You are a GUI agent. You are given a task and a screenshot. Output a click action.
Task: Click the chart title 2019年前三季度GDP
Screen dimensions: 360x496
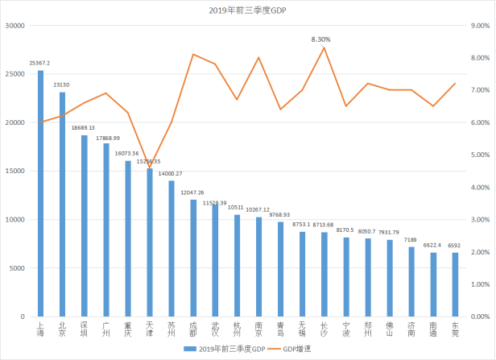(x=247, y=10)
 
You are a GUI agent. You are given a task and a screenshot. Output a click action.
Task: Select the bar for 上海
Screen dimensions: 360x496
(x=40, y=193)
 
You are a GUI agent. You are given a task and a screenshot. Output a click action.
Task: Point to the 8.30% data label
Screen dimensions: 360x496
(x=321, y=38)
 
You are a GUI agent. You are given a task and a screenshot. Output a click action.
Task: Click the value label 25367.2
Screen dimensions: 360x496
(x=39, y=63)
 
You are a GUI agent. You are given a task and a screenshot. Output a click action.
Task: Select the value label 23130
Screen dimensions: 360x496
(x=62, y=84)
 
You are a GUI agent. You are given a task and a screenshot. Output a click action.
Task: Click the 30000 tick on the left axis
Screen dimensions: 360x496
(x=15, y=26)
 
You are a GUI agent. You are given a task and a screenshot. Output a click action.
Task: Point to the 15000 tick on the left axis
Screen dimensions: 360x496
(x=15, y=172)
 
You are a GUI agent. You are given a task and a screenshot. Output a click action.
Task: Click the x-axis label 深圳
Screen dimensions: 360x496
(x=84, y=330)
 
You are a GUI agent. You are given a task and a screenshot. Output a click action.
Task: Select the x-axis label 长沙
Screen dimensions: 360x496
(x=324, y=330)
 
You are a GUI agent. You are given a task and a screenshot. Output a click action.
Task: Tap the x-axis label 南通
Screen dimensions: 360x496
(x=433, y=330)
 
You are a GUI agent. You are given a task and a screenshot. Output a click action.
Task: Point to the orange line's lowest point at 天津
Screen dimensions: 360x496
(x=149, y=168)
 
